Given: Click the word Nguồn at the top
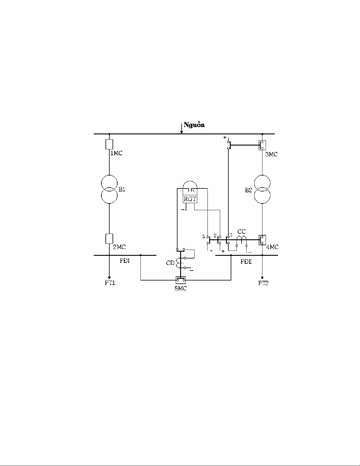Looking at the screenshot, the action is tap(194, 125).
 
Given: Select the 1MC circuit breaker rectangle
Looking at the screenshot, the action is tap(109, 144).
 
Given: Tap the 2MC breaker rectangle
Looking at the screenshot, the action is tap(109, 239).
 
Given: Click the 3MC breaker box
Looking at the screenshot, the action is tap(262, 145).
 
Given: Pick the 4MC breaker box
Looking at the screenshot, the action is tap(262, 240).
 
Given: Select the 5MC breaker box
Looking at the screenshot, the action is tap(181, 280).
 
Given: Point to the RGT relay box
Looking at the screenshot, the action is tap(190, 199).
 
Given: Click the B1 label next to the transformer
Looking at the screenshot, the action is tap(122, 189).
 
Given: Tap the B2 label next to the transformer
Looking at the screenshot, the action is tap(249, 190).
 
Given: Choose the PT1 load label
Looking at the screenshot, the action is tap(110, 283).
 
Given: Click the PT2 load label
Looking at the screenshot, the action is tap(263, 283).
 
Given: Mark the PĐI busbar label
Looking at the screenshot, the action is tap(125, 261).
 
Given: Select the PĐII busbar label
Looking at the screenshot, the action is tap(246, 262).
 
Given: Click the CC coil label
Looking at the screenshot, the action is tap(242, 232).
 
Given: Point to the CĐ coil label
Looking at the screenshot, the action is tap(170, 263).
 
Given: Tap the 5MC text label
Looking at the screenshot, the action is tap(181, 289).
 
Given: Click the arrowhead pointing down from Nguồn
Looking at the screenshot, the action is tap(182, 132).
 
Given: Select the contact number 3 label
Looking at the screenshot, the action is tap(203, 237).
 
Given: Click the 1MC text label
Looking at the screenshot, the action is tap(116, 153).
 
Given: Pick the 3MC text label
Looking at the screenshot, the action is tap(272, 154).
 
